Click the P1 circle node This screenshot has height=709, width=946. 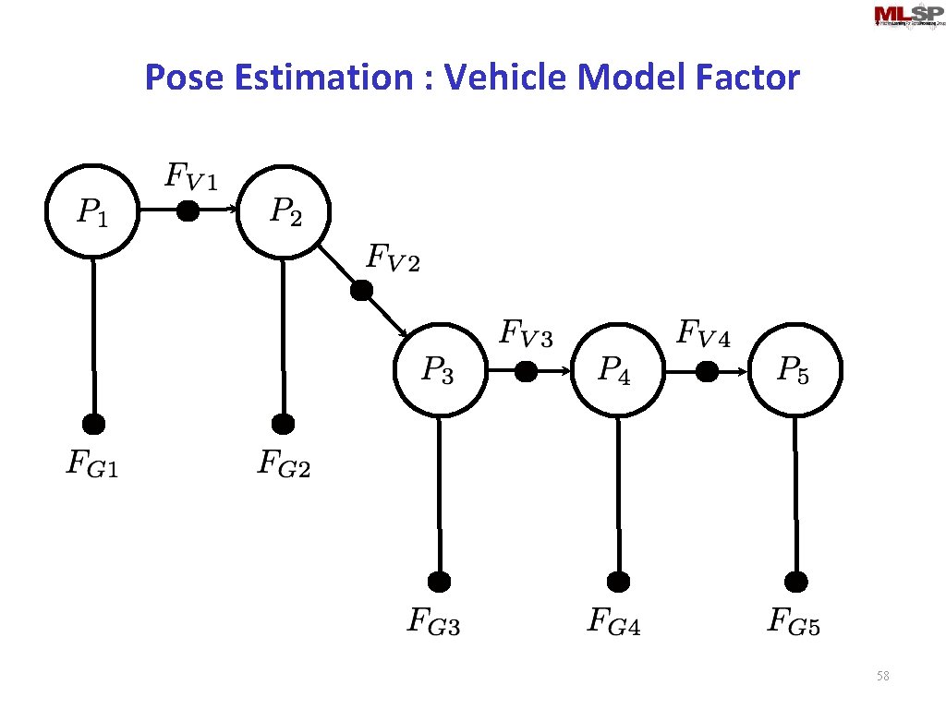92,212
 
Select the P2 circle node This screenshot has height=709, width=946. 284,212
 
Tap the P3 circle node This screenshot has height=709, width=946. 440,370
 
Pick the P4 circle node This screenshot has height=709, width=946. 617,370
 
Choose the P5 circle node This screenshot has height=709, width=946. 795,370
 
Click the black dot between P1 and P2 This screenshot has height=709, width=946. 188,212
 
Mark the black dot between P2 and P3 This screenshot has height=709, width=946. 361,291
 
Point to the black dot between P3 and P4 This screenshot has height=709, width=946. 526,371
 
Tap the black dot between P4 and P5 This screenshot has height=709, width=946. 707,371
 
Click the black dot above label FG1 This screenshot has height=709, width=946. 93,425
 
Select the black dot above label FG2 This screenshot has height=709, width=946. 284,425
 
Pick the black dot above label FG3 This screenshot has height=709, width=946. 440,582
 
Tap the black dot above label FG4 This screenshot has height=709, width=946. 619,582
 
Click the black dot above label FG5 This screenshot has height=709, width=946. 796,582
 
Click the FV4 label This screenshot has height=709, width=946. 704,333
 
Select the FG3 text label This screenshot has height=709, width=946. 434,621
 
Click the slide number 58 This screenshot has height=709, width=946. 882,677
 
